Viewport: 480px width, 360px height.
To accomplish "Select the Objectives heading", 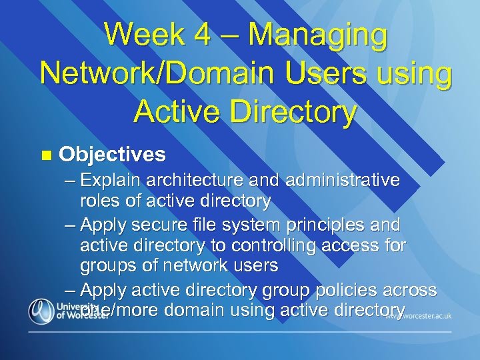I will coord(112,155).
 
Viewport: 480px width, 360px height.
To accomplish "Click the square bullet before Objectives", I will coord(45,155).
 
